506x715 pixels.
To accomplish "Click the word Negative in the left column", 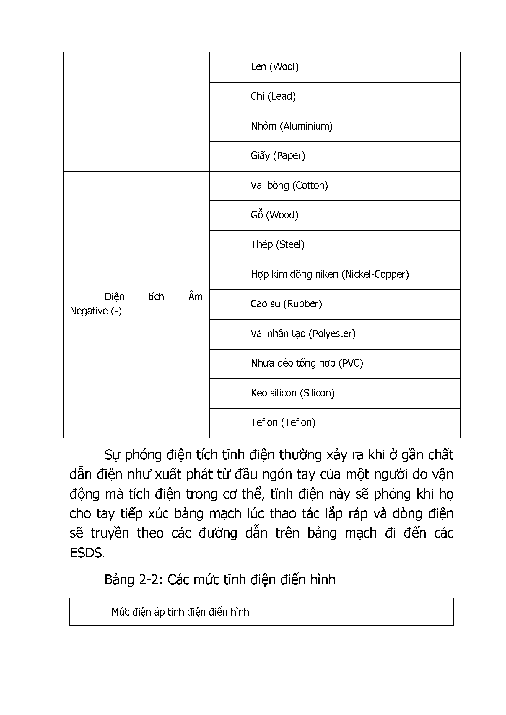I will click(89, 311).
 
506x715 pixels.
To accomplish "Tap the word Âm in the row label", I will click(195, 297).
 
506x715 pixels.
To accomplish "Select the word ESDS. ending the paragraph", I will click(87, 553).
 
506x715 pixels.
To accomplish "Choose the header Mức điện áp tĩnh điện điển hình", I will click(180, 612).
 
